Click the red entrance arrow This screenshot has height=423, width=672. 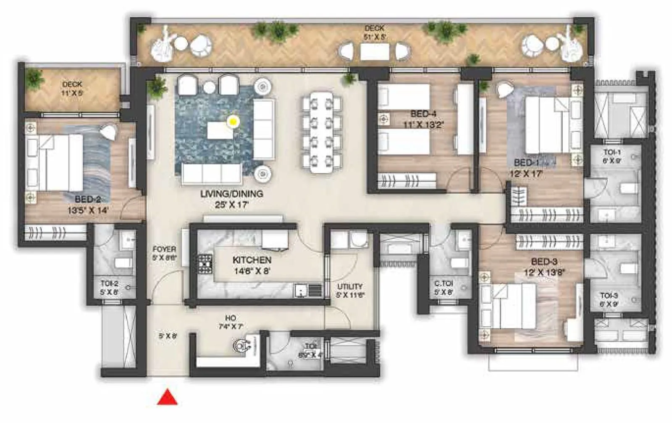coord(167,398)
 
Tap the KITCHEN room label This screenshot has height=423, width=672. coord(252,260)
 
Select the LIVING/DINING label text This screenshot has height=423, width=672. coord(231,194)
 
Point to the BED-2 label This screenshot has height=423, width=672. coord(87,199)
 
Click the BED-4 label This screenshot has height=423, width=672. coord(423,114)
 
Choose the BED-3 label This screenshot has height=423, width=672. coord(544,262)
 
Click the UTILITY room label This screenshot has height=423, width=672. coord(350,286)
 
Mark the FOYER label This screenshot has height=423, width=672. coord(164,249)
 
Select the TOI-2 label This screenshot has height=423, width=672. coord(109,283)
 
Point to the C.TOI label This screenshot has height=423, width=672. coord(444,284)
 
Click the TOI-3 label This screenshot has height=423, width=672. coord(609,296)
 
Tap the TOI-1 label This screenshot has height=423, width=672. coord(612,152)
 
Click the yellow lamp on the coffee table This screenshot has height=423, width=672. coord(233,122)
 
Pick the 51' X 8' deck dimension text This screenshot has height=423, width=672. coord(375,37)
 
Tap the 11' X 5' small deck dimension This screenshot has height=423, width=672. coord(72,93)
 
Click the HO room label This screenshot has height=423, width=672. coord(230,318)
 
